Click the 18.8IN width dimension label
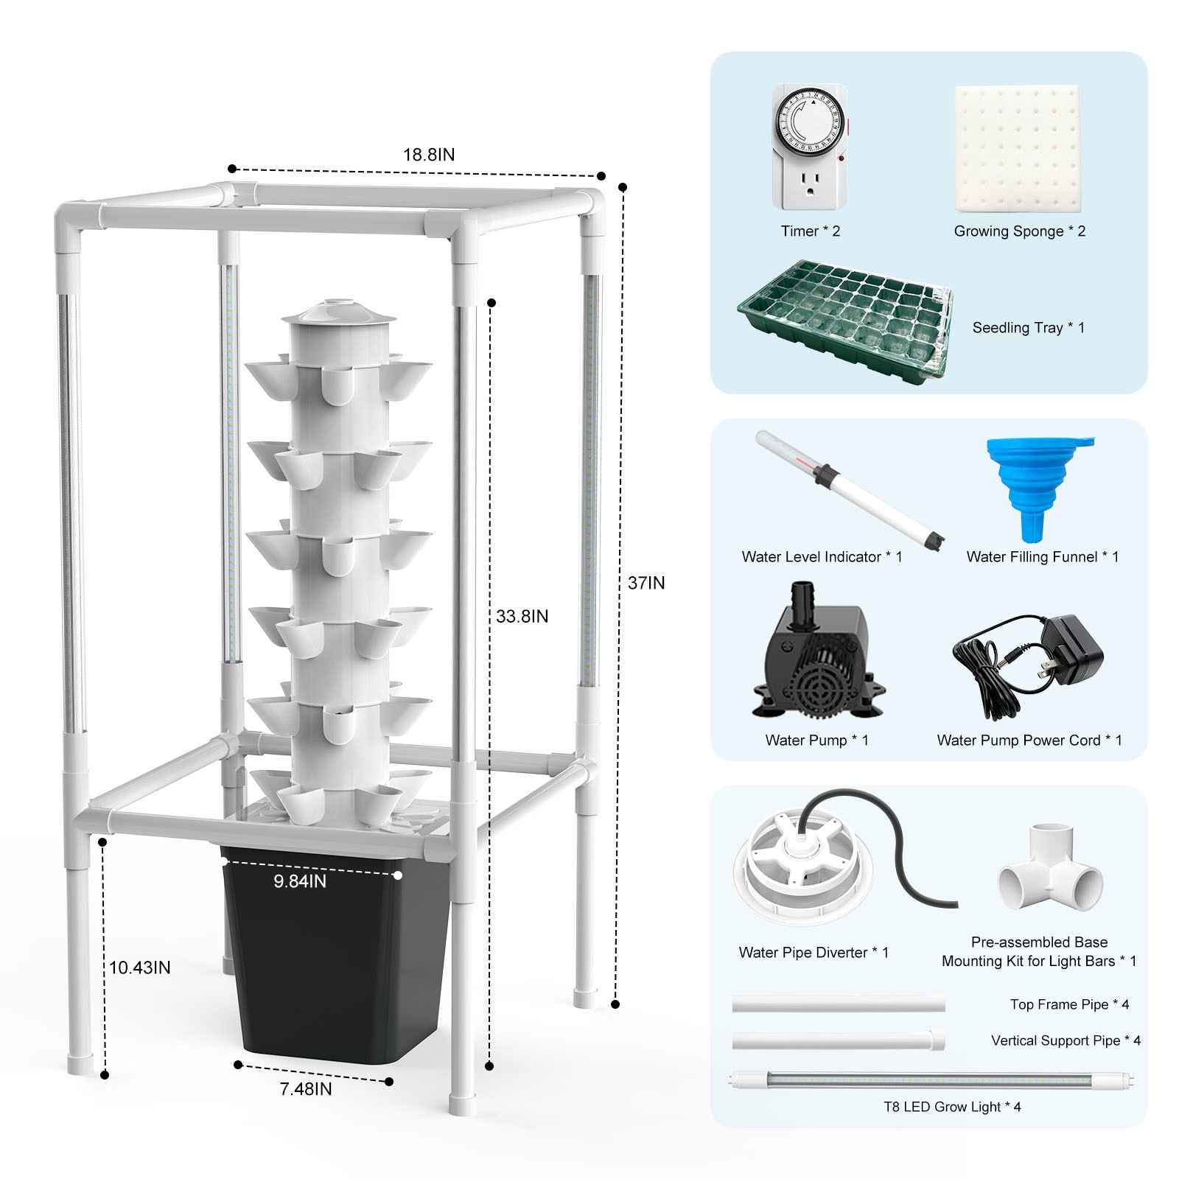(428, 155)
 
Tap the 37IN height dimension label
(646, 583)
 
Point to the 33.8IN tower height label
(522, 616)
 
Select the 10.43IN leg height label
(140, 968)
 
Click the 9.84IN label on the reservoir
(300, 881)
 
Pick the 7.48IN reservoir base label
(306, 1088)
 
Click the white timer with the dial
(810, 147)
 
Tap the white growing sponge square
(1018, 148)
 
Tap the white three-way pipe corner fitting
(1050, 870)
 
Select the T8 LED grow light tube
(932, 1082)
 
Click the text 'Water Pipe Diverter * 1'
(814, 952)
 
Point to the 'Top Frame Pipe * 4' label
(1069, 1004)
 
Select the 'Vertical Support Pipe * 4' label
(1066, 1040)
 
